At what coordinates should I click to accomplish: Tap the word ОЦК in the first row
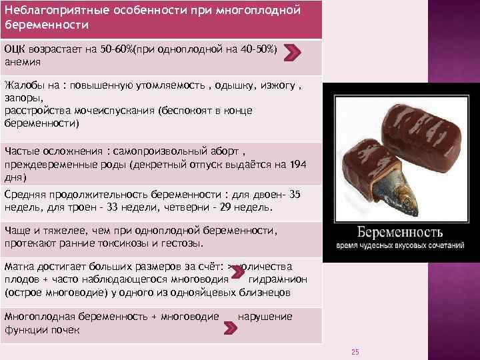click(15, 49)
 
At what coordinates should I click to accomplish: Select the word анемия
click(23, 62)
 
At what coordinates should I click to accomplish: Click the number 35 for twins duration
click(296, 194)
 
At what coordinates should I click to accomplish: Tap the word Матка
click(19, 267)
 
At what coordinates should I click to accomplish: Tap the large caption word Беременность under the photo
click(399, 233)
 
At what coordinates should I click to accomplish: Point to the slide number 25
click(355, 352)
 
